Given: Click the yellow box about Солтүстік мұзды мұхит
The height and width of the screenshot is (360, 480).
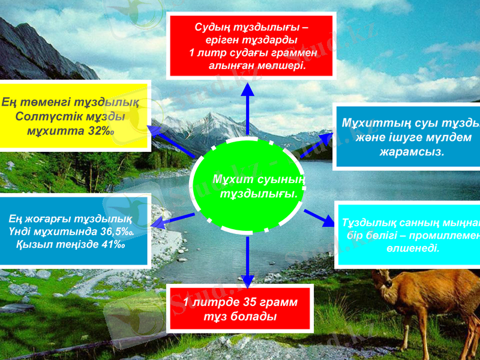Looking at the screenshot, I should point(74,115).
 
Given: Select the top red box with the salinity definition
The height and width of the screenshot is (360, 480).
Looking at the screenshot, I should point(251,46).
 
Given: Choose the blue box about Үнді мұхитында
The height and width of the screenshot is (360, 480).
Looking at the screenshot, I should point(73,230).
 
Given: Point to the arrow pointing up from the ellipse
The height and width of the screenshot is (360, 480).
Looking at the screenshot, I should point(247,108).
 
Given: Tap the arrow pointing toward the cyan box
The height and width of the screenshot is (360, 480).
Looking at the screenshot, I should point(319,217).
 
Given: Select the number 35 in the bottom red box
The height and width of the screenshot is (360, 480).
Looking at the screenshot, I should point(247,302).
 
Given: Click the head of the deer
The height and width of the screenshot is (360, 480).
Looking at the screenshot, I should point(385,280).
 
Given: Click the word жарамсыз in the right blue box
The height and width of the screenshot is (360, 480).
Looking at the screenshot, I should point(412,151).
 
